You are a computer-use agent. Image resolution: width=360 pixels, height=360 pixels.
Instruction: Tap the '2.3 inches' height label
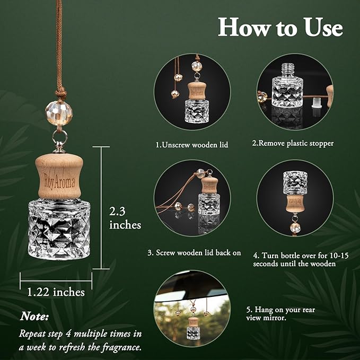[125, 217]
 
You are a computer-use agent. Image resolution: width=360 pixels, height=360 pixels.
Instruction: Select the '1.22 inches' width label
[56, 292]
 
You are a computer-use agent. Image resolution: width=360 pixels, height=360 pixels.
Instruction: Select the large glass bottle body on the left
[58, 229]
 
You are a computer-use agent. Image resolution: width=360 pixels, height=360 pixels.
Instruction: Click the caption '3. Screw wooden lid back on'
[194, 253]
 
